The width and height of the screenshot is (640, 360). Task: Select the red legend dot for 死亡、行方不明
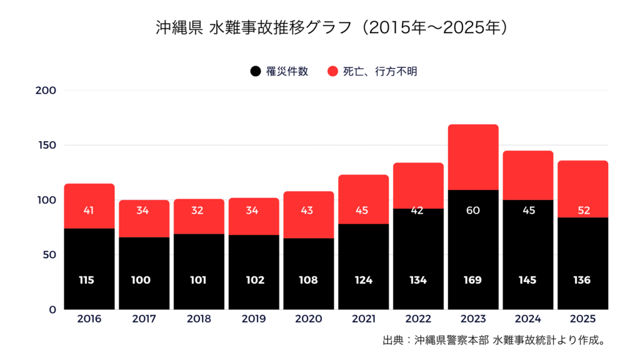pyautogui.click(x=332, y=71)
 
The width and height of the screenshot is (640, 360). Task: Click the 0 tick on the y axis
pyautogui.click(x=52, y=309)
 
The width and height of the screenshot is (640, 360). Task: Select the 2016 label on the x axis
pyautogui.click(x=89, y=319)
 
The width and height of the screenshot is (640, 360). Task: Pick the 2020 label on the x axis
pyautogui.click(x=309, y=319)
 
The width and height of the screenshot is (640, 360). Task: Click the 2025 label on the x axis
pyautogui.click(x=582, y=319)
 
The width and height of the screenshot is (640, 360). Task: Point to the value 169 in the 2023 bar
pyautogui.click(x=473, y=280)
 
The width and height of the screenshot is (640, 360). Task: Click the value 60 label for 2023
pyautogui.click(x=473, y=211)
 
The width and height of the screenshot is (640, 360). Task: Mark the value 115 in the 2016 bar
pyautogui.click(x=89, y=280)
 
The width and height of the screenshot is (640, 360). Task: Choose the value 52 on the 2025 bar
pyautogui.click(x=582, y=211)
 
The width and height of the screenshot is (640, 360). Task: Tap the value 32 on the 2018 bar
pyautogui.click(x=199, y=211)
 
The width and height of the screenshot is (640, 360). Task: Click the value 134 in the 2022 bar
pyautogui.click(x=418, y=280)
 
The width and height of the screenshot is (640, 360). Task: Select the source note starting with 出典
pyautogui.click(x=496, y=341)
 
